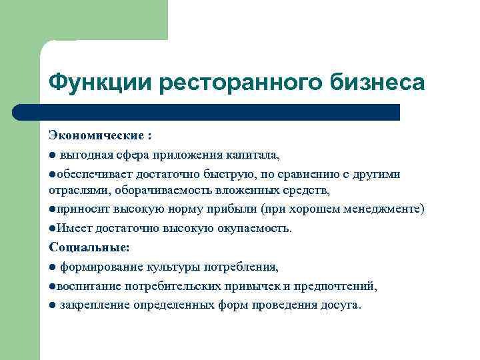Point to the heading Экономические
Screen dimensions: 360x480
96,136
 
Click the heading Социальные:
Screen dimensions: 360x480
89,247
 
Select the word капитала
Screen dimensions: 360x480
255,155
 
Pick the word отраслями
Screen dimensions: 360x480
79,190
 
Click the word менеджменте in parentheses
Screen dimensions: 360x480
381,209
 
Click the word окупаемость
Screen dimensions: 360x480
253,228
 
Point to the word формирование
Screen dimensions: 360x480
97,267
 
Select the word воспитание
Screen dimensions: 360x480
87,286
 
